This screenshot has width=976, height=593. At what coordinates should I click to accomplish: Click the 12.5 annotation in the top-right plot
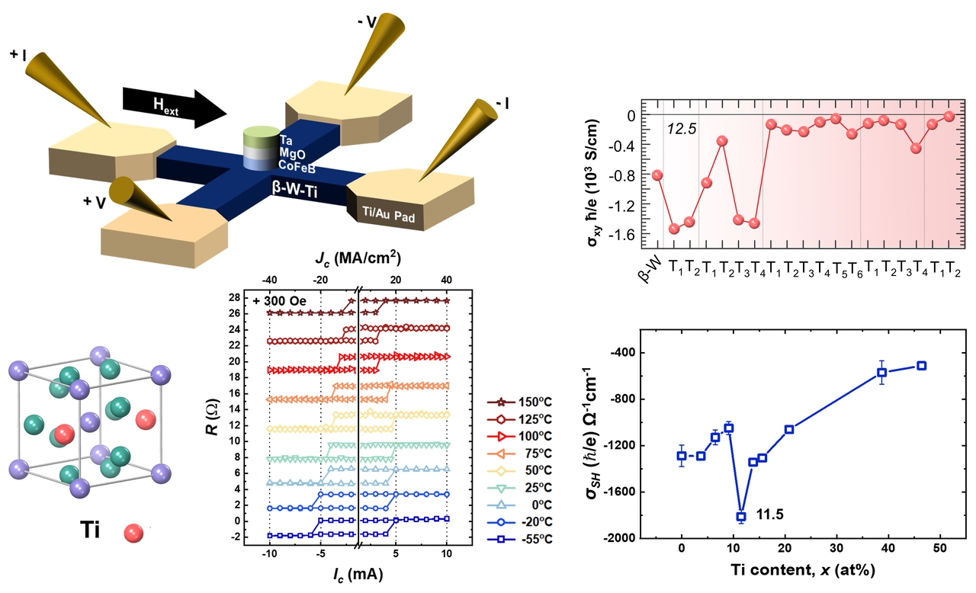point(682,131)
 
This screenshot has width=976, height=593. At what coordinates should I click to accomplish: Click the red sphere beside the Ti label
point(134,530)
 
